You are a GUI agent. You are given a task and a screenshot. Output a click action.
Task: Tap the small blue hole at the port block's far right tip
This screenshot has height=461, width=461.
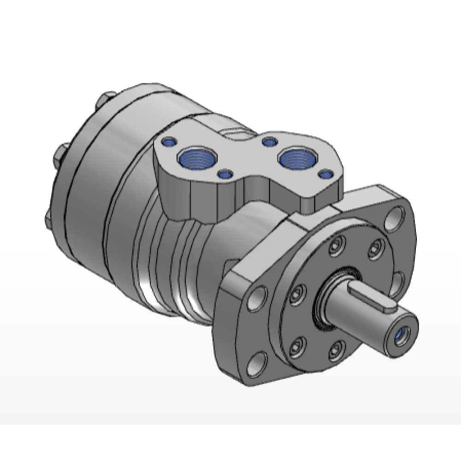coord(325,175)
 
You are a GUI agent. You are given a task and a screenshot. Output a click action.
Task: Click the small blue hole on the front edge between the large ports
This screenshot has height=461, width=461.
coord(225,174)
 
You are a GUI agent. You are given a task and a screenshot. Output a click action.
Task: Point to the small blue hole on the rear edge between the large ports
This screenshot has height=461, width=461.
coord(268,141)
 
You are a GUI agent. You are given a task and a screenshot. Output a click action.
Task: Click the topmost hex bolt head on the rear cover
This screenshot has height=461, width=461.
coord(106,100)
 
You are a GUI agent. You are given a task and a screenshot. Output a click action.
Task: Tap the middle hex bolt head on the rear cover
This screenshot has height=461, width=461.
coord(62,154)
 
